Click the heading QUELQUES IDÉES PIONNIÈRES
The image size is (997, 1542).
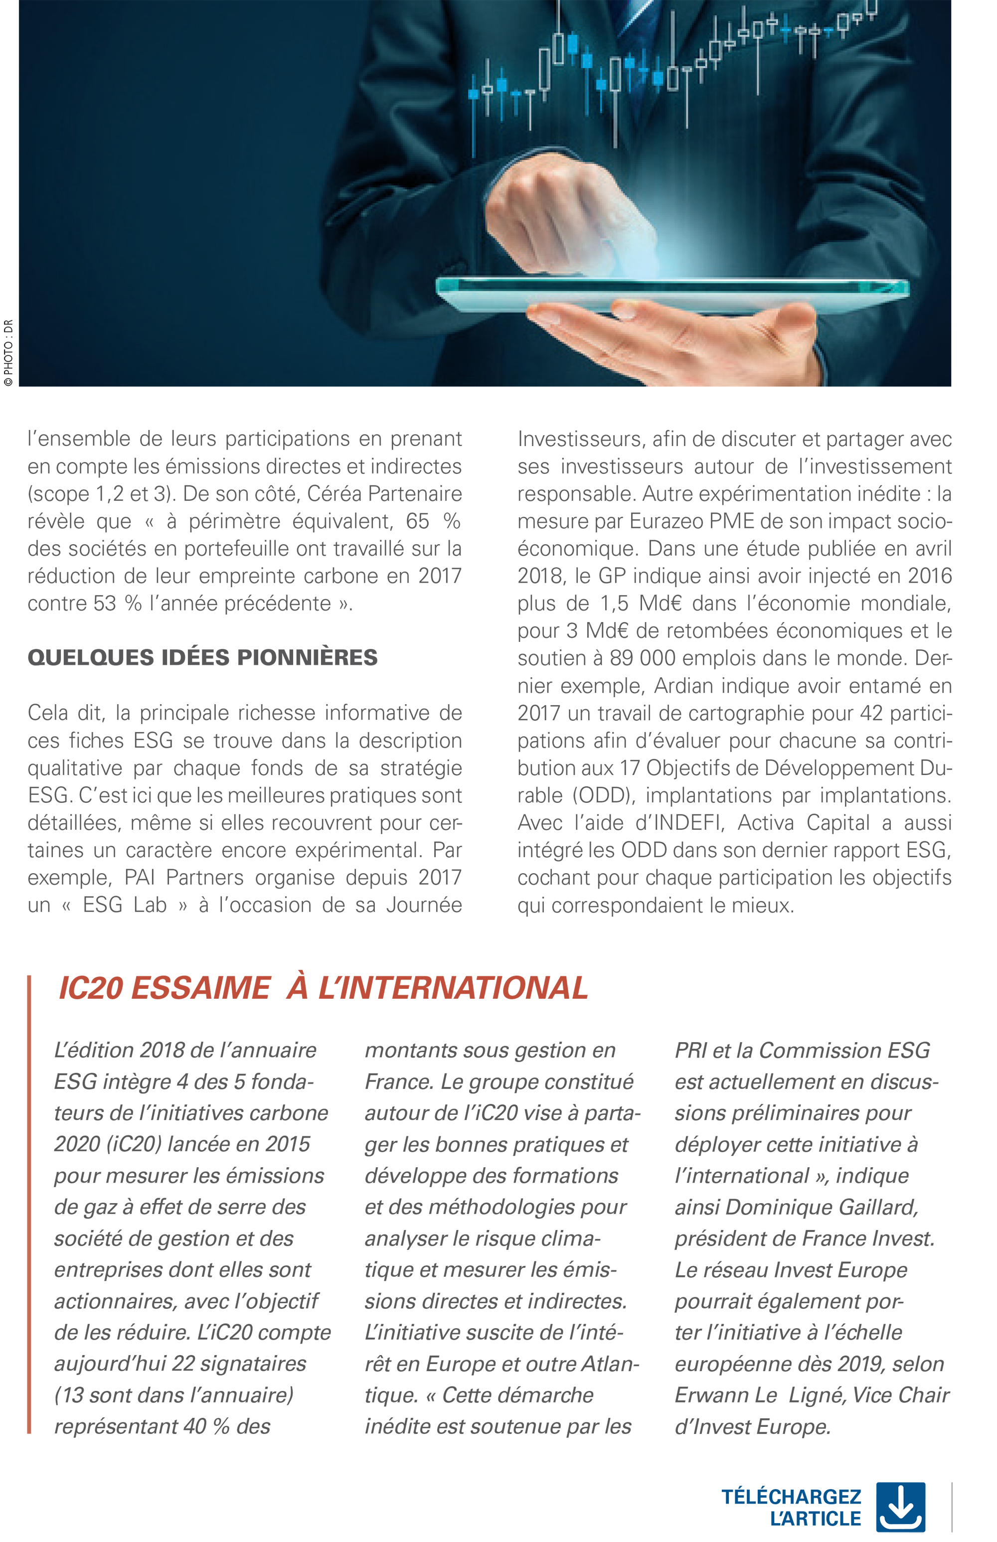tap(202, 657)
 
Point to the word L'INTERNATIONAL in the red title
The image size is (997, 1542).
tap(453, 988)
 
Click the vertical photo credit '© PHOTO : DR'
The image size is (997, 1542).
tap(8, 353)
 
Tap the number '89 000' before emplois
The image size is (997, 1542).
tap(642, 658)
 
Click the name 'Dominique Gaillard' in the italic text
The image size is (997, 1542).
tap(822, 1207)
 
